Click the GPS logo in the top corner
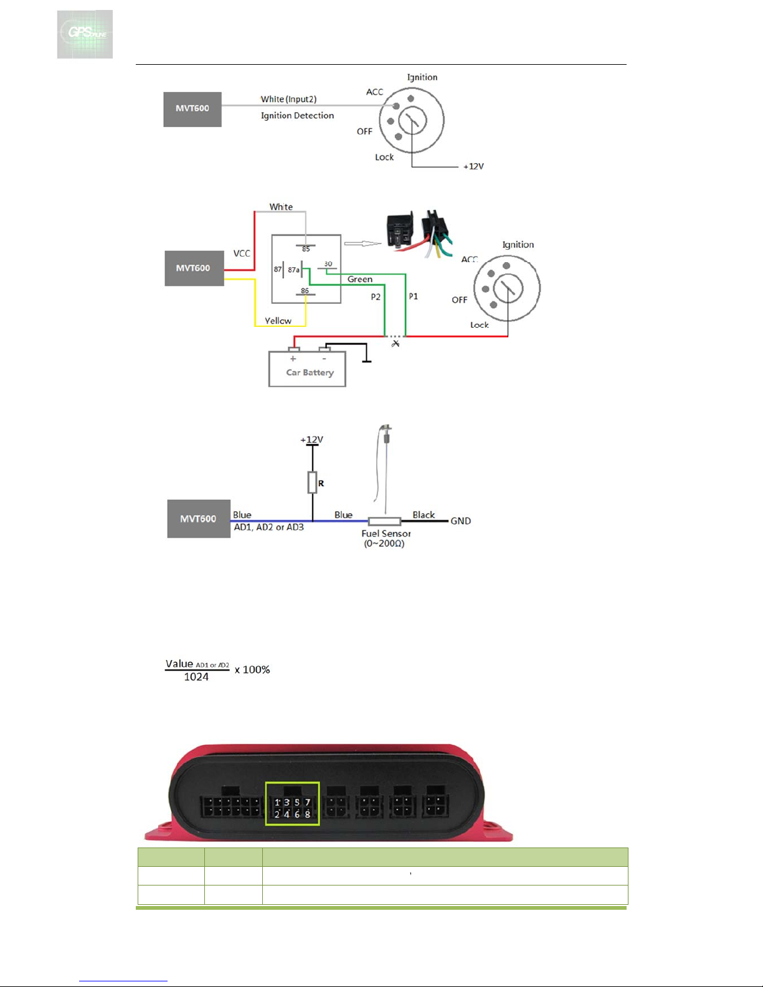[x=85, y=34]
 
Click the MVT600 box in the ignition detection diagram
[x=192, y=109]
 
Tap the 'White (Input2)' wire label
[x=288, y=99]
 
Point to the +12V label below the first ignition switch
[x=473, y=166]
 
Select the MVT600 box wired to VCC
[x=194, y=268]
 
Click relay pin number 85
[x=306, y=249]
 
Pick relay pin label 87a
[x=293, y=270]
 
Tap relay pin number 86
[x=305, y=291]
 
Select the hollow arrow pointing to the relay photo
[x=363, y=243]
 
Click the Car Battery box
[x=307, y=369]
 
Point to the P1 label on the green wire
[x=414, y=296]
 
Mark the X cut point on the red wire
[x=396, y=343]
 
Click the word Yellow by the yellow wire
[x=278, y=321]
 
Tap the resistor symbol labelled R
[x=313, y=483]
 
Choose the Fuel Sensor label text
[x=386, y=534]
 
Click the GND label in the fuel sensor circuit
[x=461, y=521]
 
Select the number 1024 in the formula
[x=196, y=678]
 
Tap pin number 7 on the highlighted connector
[x=307, y=803]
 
